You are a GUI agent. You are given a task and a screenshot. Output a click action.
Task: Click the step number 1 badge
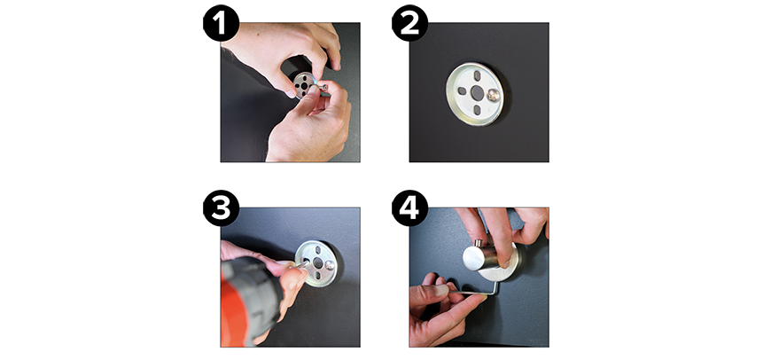point(222,23)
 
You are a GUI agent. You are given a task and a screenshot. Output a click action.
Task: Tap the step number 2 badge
point(410,23)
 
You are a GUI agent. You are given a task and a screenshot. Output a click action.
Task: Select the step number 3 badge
point(222,208)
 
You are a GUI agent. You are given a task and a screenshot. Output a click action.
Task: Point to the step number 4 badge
point(410,208)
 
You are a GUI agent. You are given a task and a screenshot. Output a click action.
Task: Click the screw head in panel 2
point(494,96)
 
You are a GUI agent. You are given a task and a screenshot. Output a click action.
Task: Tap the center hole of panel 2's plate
point(477,92)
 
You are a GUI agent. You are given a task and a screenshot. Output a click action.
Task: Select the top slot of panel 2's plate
point(477,75)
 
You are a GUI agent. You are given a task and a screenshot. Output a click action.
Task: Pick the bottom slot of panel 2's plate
point(477,110)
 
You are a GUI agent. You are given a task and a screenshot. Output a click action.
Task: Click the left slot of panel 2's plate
point(462,91)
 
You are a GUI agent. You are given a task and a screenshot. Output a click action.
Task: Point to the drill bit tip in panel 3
point(308,262)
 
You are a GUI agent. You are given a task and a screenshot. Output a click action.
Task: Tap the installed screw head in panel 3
point(330,264)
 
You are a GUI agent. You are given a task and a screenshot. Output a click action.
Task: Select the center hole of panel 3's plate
point(317,263)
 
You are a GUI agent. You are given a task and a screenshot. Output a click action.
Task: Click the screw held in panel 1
point(322,88)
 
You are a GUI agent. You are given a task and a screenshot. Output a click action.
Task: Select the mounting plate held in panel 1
point(305,85)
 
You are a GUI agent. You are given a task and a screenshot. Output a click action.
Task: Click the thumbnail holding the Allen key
point(440,290)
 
